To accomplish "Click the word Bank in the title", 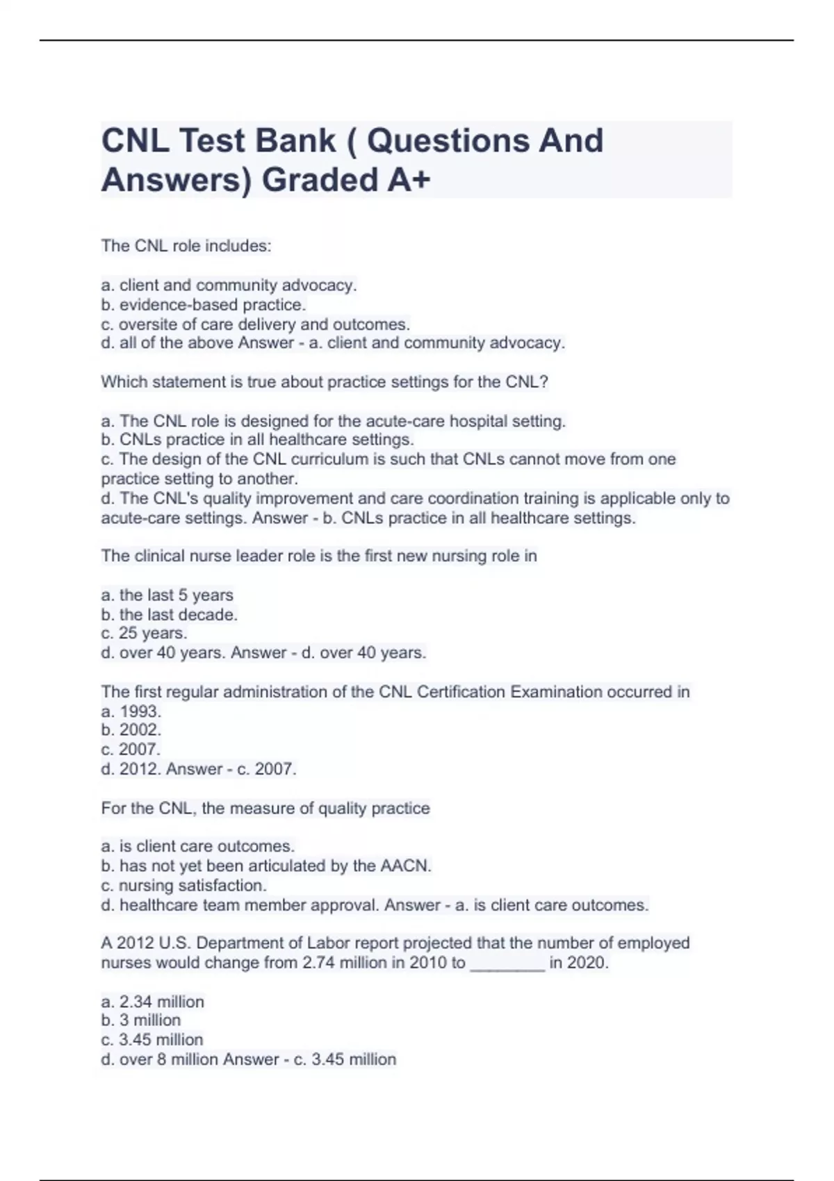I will point(295,141).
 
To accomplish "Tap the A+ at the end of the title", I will point(409,181).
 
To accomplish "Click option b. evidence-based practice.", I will point(204,304).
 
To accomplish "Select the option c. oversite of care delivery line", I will point(256,324).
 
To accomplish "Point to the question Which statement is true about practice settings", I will point(325,382).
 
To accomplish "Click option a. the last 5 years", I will point(167,595).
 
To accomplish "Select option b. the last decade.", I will point(170,615).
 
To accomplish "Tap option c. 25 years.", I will point(144,634).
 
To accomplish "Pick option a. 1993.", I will point(131,711).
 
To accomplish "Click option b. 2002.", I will point(131,730).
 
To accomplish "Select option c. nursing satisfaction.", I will point(184,886).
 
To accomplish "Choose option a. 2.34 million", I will point(153,1002).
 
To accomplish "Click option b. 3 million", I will point(141,1021).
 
